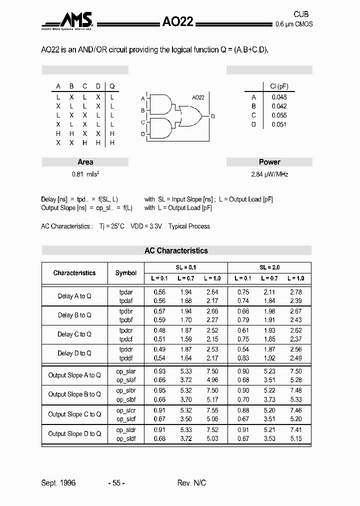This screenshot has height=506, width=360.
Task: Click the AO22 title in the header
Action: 177,21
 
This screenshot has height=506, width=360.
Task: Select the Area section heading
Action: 85,162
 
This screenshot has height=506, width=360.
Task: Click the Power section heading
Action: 269,162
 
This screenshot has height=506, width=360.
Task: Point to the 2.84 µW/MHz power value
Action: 269,174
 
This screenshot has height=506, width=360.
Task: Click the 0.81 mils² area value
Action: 85,174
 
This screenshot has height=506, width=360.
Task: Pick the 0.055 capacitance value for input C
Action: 279,115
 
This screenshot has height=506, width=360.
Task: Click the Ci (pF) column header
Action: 279,86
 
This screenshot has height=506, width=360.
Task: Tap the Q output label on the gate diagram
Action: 213,116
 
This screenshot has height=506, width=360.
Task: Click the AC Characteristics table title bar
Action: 176,250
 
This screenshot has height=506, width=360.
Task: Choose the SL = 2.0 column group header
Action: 269,267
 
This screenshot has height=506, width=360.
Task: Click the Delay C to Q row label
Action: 74,334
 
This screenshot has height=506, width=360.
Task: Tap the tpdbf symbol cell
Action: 126,320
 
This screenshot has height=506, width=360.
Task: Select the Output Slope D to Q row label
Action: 74,433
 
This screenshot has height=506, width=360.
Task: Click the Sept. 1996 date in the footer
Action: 58,483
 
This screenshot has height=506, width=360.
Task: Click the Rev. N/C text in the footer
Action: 191,483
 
